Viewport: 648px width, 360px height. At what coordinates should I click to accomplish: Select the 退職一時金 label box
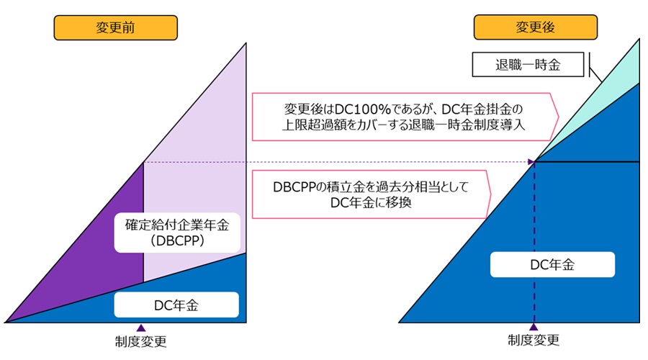point(527,65)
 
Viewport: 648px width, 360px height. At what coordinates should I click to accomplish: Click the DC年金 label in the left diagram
point(176,305)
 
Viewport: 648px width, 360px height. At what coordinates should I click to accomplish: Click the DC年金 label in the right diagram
point(552,264)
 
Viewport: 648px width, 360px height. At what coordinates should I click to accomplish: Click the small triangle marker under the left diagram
point(140,328)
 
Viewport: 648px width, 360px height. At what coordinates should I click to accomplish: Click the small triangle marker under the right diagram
point(534,328)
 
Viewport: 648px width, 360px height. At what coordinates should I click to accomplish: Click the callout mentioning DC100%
point(403,115)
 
